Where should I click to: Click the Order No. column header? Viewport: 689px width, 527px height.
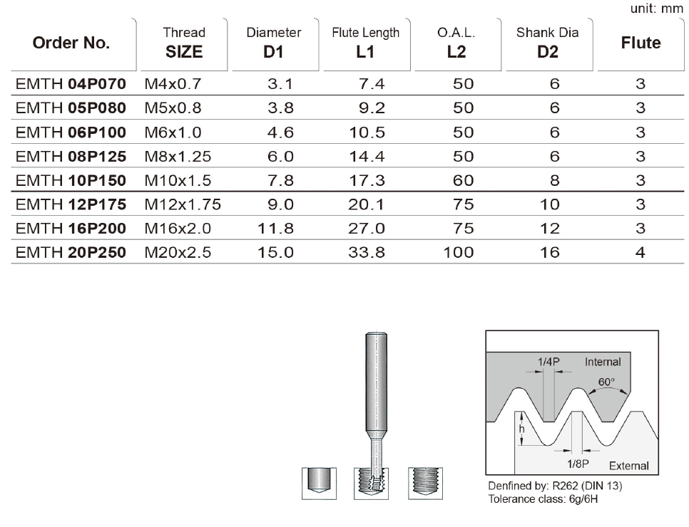pos(71,43)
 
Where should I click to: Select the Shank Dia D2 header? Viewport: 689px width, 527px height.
pos(548,43)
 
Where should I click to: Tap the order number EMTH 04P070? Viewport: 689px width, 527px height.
pos(71,84)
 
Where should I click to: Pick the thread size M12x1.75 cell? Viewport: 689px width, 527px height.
pos(183,204)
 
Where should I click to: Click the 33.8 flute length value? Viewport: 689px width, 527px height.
pos(367,252)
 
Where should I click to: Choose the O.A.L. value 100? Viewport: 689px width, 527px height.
pos(459,252)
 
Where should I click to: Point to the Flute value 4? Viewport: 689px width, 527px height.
pos(640,252)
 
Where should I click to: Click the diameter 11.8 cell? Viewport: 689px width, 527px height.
pos(275,228)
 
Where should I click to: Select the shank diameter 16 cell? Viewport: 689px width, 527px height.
pos(550,252)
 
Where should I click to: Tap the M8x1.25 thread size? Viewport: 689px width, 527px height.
pos(178,156)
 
